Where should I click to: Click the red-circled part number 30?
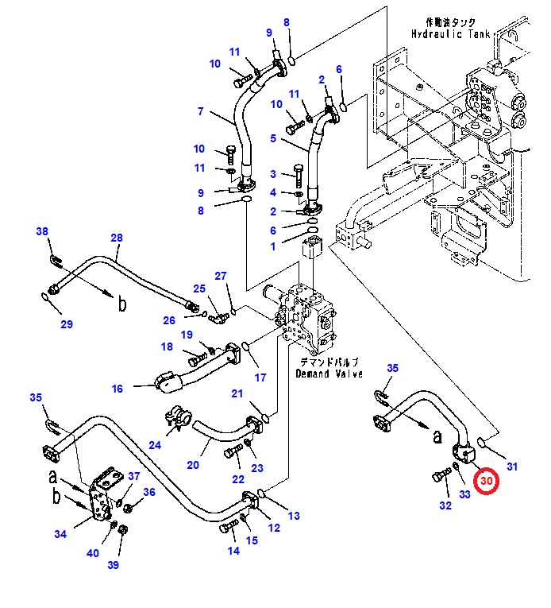[x=485, y=481]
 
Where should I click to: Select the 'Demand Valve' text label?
[x=329, y=373]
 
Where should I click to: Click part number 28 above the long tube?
[x=117, y=238]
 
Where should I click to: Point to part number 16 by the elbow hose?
[x=118, y=389]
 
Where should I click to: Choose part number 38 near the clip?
[x=42, y=232]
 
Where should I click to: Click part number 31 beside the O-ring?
[x=511, y=467]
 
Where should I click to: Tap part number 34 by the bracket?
[x=60, y=534]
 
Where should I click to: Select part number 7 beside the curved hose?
[x=201, y=111]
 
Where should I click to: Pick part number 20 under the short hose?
[x=193, y=465]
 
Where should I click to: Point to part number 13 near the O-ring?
[x=294, y=516]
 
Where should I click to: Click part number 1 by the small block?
[x=273, y=246]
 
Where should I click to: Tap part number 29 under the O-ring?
[x=67, y=323]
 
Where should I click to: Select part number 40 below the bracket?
[x=93, y=553]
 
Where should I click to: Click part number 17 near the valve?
[x=260, y=378]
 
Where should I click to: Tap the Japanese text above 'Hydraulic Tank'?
[x=450, y=23]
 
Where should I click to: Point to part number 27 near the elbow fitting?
[x=221, y=276]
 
